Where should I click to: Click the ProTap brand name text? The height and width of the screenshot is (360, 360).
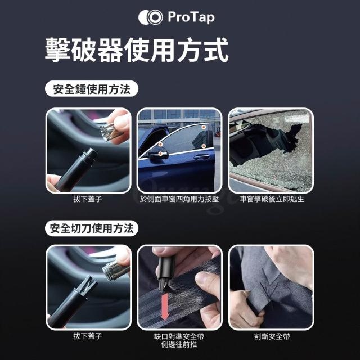pyautogui.click(x=191, y=17)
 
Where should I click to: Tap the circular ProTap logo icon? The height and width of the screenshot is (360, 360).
pyautogui.click(x=151, y=17)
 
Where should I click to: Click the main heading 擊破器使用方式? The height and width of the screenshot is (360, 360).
pyautogui.click(x=137, y=50)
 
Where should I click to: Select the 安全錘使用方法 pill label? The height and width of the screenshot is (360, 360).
pyautogui.click(x=92, y=89)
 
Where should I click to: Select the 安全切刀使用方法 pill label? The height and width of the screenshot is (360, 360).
pyautogui.click(x=92, y=228)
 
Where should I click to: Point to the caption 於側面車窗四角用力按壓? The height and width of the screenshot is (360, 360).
pyautogui.click(x=179, y=199)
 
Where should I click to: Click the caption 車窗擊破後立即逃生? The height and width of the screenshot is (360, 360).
pyautogui.click(x=272, y=199)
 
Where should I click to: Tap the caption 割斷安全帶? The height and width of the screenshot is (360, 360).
pyautogui.click(x=272, y=336)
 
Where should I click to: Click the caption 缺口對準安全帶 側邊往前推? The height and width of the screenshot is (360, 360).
pyautogui.click(x=179, y=340)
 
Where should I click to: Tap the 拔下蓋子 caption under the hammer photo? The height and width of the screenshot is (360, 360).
pyautogui.click(x=88, y=199)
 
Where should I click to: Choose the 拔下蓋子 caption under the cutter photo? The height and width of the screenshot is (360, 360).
pyautogui.click(x=88, y=336)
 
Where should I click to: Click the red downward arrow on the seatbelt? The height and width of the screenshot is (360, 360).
pyautogui.click(x=165, y=307)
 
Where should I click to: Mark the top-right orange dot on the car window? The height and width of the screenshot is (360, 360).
pyautogui.click(x=204, y=127)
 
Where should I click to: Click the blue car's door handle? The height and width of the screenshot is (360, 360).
pyautogui.click(x=201, y=157)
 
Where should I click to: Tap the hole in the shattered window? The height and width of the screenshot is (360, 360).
pyautogui.click(x=264, y=142)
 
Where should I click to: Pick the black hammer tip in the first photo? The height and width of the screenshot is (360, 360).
pyautogui.click(x=91, y=154)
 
